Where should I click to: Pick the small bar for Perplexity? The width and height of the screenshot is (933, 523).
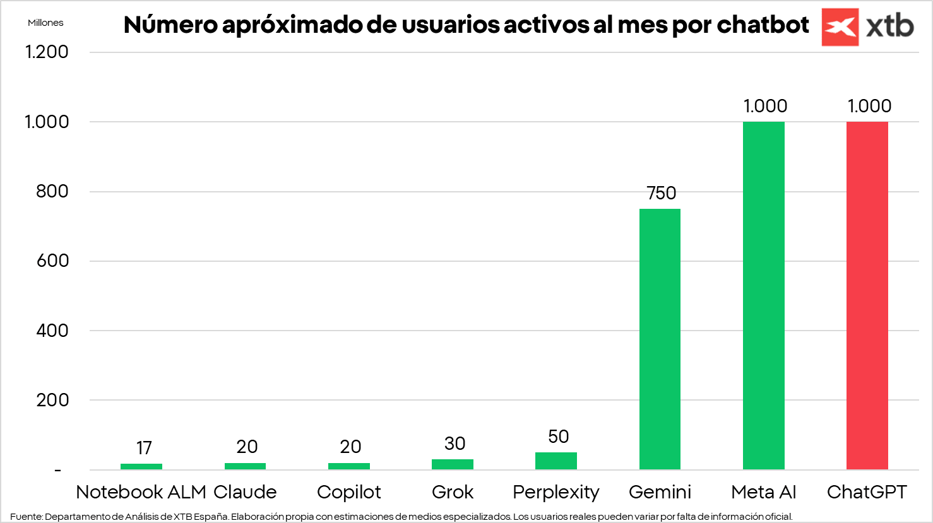pyautogui.click(x=556, y=461)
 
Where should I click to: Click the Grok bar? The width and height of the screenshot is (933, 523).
pyautogui.click(x=452, y=464)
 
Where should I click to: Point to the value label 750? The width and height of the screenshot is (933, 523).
pyautogui.click(x=661, y=193)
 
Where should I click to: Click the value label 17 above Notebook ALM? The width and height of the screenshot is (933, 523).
pyautogui.click(x=144, y=448)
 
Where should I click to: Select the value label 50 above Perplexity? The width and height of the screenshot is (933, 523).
pyautogui.click(x=558, y=437)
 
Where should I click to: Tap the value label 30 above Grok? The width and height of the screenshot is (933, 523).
pyautogui.click(x=455, y=444)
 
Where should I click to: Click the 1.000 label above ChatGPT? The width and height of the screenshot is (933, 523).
pyautogui.click(x=869, y=106)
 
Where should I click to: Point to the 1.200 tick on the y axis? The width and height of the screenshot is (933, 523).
pyautogui.click(x=47, y=52)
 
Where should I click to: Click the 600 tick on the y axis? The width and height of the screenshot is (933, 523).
pyautogui.click(x=52, y=261)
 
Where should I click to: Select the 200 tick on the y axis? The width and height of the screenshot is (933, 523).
pyautogui.click(x=52, y=400)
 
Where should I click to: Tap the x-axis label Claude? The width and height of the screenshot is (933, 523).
pyautogui.click(x=245, y=492)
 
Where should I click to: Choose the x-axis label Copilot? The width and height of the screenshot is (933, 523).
pyautogui.click(x=348, y=492)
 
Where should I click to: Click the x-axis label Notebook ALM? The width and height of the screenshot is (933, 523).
pyautogui.click(x=141, y=492)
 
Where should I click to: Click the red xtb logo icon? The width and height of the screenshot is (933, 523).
pyautogui.click(x=840, y=27)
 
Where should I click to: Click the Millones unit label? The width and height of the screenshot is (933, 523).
pyautogui.click(x=45, y=23)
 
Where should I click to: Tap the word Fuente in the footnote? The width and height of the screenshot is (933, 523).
pyautogui.click(x=25, y=517)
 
